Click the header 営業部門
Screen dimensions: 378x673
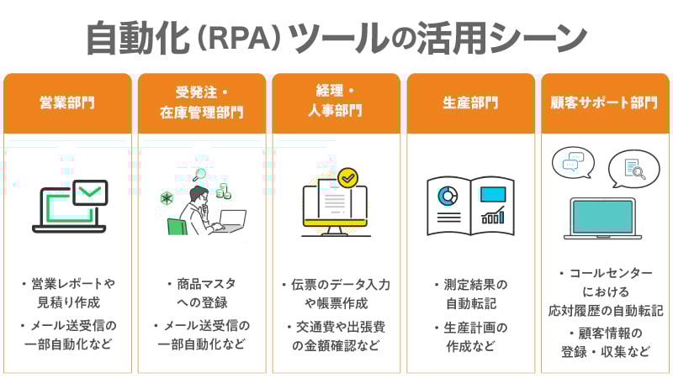(x=67, y=103)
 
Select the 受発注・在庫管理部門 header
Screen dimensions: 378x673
(x=202, y=103)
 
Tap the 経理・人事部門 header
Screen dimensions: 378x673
(x=336, y=103)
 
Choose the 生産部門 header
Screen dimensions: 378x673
(x=470, y=103)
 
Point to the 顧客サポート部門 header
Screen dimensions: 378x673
(x=605, y=103)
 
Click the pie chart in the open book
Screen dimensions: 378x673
(x=446, y=196)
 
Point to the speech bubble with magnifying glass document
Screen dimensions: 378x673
(x=633, y=170)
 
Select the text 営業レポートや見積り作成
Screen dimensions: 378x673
(x=71, y=293)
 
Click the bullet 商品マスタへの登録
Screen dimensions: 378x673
(x=202, y=293)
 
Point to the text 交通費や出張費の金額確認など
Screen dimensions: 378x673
(x=336, y=335)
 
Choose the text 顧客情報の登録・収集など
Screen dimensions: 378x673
(x=606, y=343)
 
